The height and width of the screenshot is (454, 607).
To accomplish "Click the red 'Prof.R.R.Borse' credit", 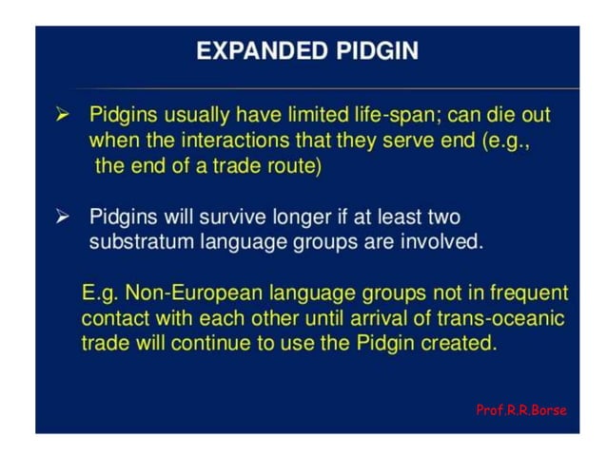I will tap(520, 410).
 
